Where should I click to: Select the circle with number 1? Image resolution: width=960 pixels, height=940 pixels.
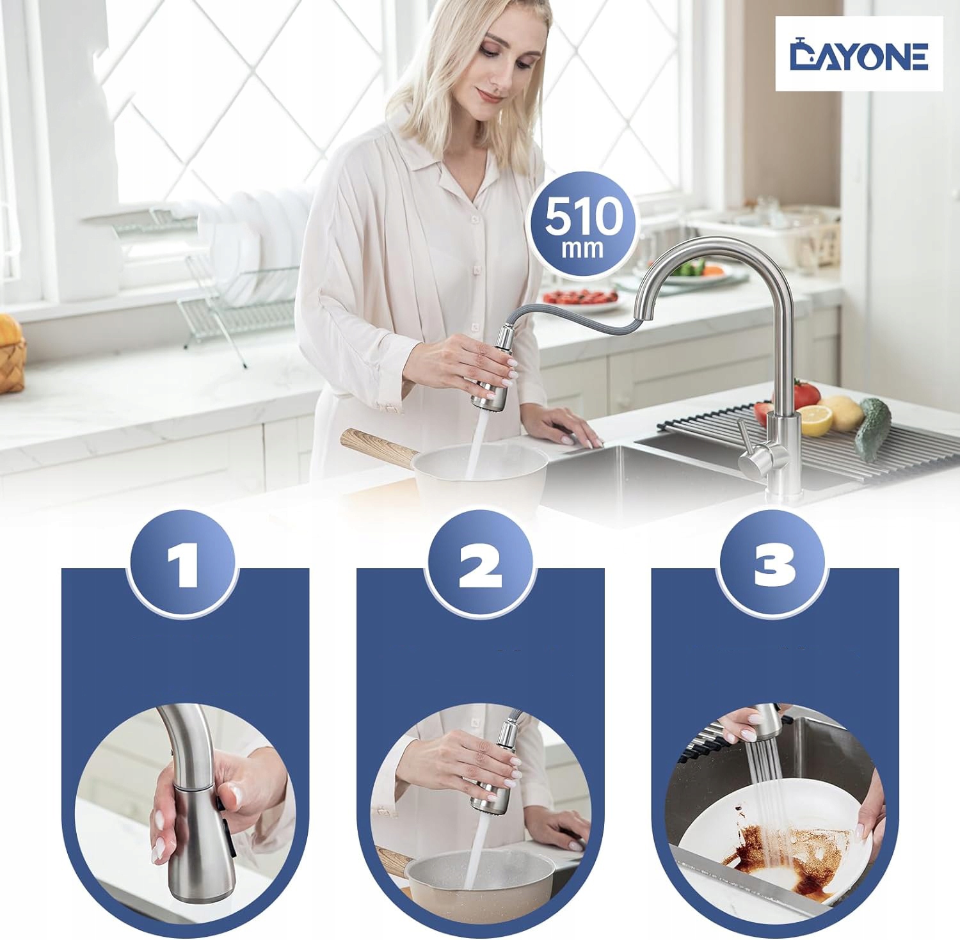pyautogui.click(x=183, y=563)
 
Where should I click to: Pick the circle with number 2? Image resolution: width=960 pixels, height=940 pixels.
pyautogui.click(x=480, y=563)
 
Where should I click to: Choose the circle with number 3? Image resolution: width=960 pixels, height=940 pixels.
pyautogui.click(x=774, y=563)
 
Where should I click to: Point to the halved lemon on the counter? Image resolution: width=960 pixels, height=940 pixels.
pyautogui.click(x=815, y=420)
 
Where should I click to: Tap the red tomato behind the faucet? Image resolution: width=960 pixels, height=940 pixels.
pyautogui.click(x=804, y=394)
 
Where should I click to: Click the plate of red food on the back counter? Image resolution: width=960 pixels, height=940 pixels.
pyautogui.click(x=580, y=298)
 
